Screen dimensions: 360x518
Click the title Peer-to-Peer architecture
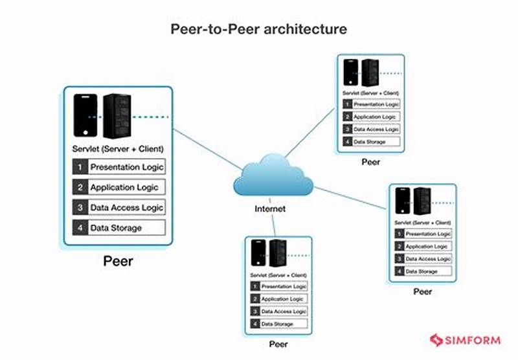(258, 29)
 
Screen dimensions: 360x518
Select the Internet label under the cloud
(270, 208)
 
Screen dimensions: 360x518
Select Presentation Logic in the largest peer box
(126, 166)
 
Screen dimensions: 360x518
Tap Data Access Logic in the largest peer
(126, 207)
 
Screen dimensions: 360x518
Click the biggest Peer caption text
(118, 262)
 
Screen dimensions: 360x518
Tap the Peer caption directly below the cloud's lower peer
(279, 343)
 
